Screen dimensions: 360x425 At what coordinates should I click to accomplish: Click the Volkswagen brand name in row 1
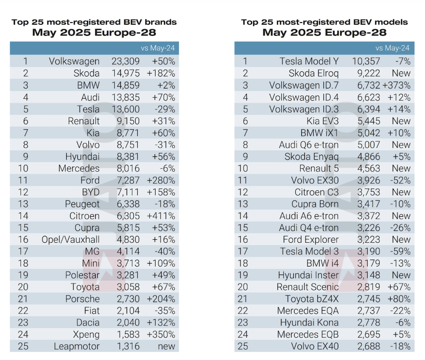74,62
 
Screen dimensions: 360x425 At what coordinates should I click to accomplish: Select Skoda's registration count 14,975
125,74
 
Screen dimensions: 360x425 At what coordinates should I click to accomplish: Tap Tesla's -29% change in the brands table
164,109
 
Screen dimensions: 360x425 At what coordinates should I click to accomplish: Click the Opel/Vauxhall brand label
70,239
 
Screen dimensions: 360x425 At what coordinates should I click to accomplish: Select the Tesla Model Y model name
309,62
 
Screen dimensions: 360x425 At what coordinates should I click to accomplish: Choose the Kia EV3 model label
318,121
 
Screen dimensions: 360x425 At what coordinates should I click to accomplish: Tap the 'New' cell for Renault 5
401,168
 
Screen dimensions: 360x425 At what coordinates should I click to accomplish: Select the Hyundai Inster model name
309,275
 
